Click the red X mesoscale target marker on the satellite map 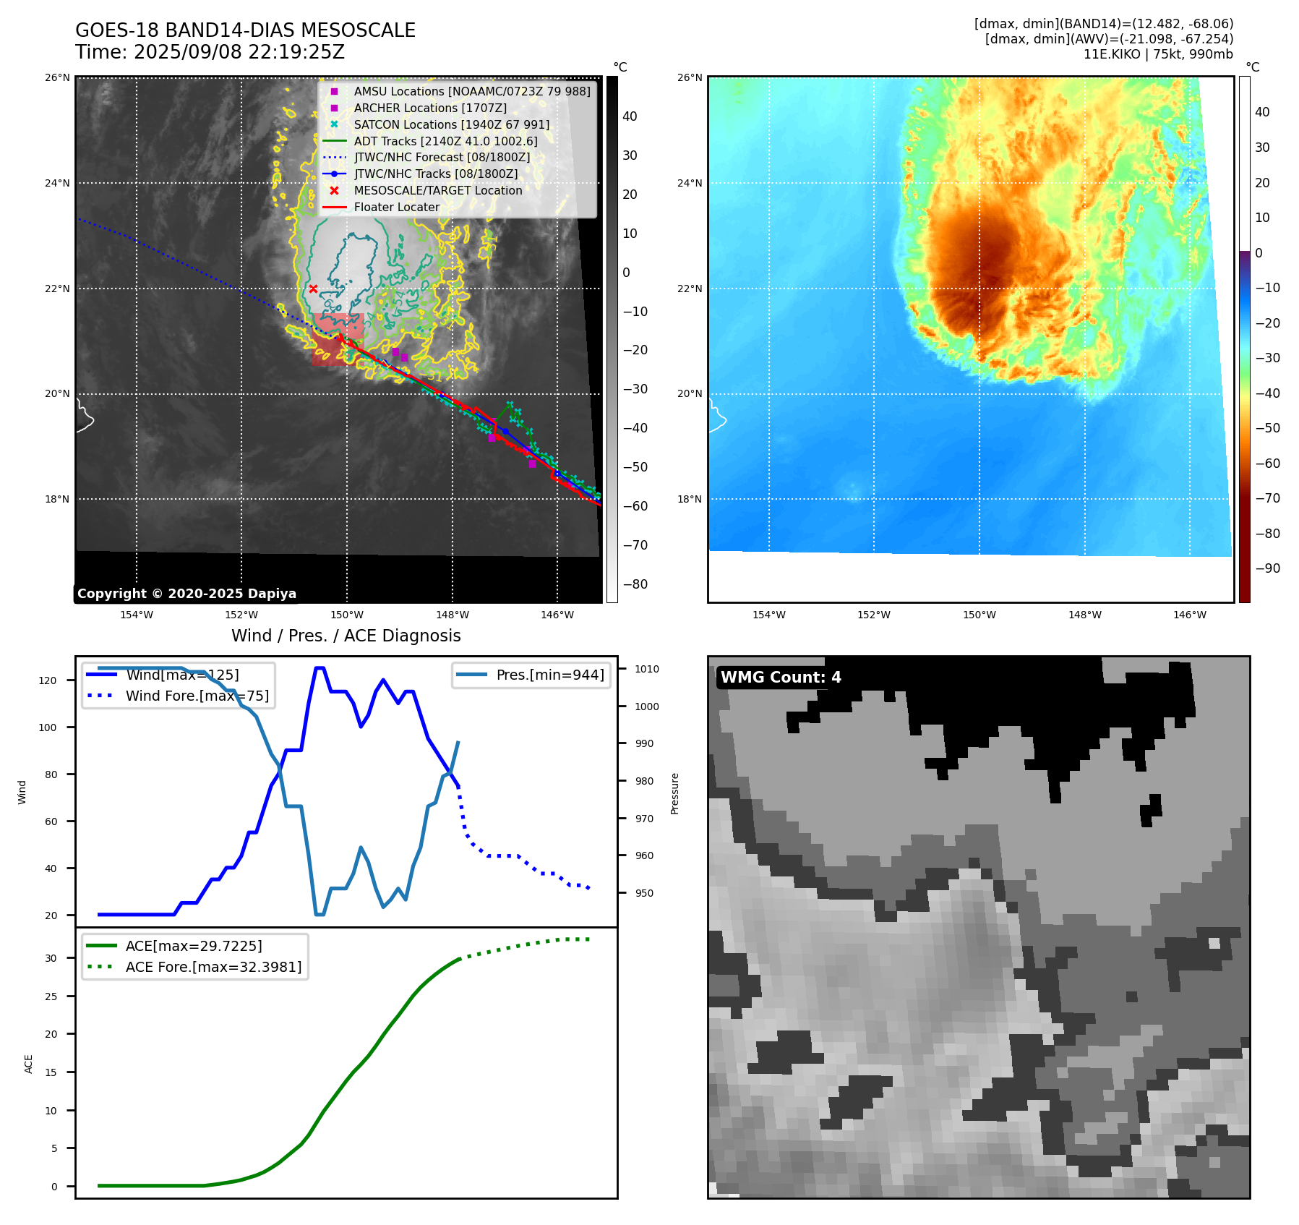point(313,289)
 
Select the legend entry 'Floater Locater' point(396,208)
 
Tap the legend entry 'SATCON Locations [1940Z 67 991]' point(451,124)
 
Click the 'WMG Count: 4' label point(781,678)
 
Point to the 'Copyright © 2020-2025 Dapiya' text point(187,594)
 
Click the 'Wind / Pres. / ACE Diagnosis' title point(346,636)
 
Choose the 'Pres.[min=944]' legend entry point(549,675)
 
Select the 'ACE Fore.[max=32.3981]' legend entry point(213,967)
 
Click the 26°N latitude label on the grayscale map point(58,77)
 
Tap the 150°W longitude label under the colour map point(979,615)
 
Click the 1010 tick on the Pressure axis point(646,669)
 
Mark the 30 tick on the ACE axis point(51,958)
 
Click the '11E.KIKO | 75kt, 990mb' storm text point(1157,54)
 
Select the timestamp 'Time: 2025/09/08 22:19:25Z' point(210,53)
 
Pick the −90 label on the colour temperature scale point(1267,568)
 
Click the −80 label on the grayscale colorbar point(635,584)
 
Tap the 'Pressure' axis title point(674,793)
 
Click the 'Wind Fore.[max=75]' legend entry point(197,696)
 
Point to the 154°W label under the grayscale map point(137,615)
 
